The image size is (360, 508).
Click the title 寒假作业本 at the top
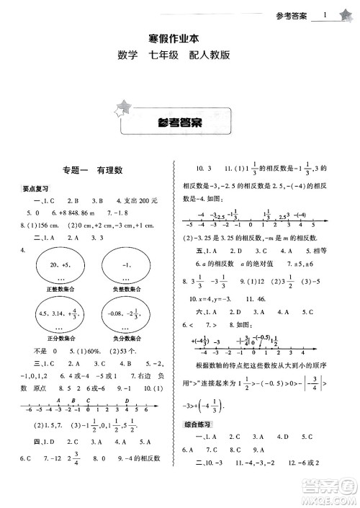pos(179,41)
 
